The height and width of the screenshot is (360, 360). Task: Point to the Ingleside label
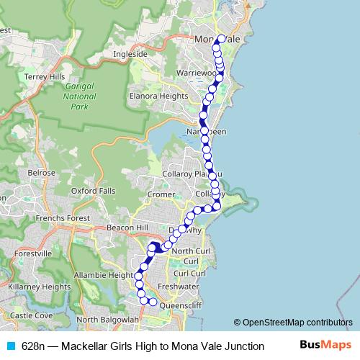pyautogui.click(x=130, y=54)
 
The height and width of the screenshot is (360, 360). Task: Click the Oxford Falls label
pyautogui.click(x=95, y=190)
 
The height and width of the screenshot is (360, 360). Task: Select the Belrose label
pyautogui.click(x=41, y=173)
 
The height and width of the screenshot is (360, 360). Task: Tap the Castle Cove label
pyautogui.click(x=32, y=315)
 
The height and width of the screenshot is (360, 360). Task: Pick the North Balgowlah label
pyautogui.click(x=107, y=319)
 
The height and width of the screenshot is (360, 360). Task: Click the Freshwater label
pyautogui.click(x=177, y=287)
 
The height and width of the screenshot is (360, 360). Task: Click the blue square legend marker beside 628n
pyautogui.click(x=10, y=346)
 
